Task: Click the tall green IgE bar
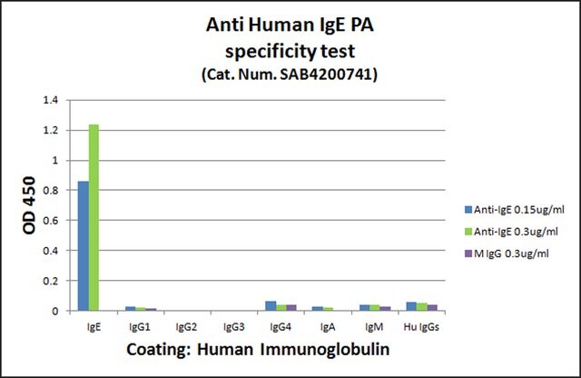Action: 94,217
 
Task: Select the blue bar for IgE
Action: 84,246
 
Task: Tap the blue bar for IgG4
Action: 271,306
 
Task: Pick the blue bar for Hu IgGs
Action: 411,306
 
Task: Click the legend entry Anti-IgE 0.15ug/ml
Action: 515,210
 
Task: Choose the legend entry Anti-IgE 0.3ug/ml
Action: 511,232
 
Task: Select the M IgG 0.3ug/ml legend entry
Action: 507,254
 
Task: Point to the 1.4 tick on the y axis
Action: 51,100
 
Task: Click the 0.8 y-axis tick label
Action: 51,190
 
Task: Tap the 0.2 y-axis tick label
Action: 51,281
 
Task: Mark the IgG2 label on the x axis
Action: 186,327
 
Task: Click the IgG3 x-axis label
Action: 234,327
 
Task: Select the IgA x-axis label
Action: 328,327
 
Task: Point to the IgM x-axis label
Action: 374,327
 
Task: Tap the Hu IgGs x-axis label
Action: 421,327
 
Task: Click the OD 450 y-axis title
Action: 29,205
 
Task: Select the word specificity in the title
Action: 271,51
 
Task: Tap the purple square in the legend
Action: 468,254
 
